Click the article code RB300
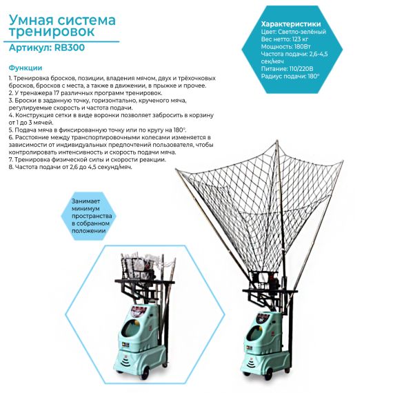(x=70, y=48)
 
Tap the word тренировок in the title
(x=52, y=32)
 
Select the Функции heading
(x=26, y=68)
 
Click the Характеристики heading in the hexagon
(x=291, y=24)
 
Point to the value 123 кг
(x=299, y=39)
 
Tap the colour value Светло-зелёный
(x=302, y=32)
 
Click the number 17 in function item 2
(x=57, y=93)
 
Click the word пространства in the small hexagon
(x=92, y=216)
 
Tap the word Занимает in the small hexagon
(x=83, y=201)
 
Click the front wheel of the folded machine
(x=145, y=374)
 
